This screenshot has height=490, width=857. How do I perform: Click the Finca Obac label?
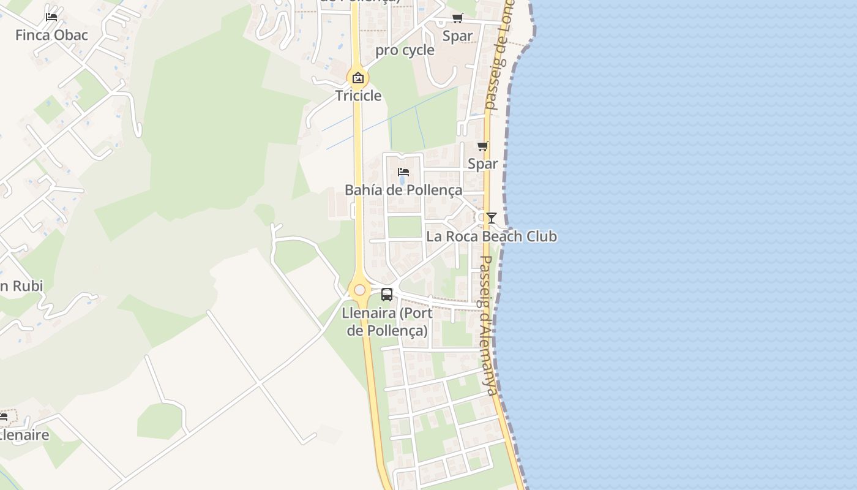click(x=51, y=35)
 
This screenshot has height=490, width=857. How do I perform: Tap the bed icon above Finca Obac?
click(x=51, y=17)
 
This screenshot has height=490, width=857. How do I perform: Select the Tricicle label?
click(x=358, y=96)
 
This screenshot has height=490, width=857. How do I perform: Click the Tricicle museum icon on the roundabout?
click(x=358, y=78)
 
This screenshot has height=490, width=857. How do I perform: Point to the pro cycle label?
click(x=405, y=50)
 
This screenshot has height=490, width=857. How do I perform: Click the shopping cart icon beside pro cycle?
click(x=458, y=18)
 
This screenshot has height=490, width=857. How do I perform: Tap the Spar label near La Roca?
click(x=482, y=164)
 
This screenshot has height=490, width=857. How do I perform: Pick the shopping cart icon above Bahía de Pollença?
click(x=483, y=146)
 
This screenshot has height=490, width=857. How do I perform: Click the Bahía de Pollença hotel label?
click(x=403, y=190)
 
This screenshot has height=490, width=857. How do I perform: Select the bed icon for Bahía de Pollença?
click(x=403, y=171)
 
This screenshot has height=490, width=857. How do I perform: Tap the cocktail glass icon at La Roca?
click(x=491, y=218)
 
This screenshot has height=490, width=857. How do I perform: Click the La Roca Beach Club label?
click(x=492, y=236)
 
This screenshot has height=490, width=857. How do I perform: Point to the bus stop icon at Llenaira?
click(x=387, y=295)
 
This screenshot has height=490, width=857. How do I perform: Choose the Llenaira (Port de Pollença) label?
click(x=387, y=322)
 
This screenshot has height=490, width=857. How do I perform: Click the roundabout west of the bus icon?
click(x=359, y=290)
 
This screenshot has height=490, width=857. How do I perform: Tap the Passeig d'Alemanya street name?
click(x=488, y=325)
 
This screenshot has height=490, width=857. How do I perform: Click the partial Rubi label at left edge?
click(x=21, y=286)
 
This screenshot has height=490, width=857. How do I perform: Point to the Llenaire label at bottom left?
click(x=24, y=435)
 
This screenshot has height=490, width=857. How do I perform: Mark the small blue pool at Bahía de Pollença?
click(x=402, y=181)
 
